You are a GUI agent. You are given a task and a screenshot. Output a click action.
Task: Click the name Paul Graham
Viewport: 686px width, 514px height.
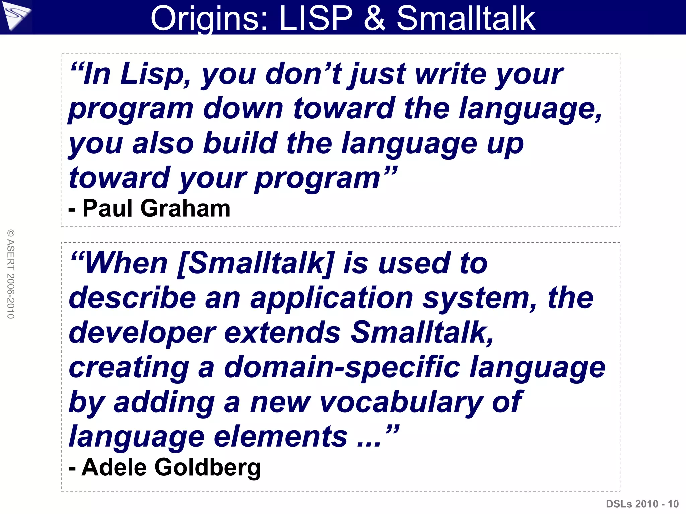pyautogui.click(x=156, y=208)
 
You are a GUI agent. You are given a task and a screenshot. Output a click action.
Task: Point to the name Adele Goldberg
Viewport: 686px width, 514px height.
pyautogui.click(x=171, y=467)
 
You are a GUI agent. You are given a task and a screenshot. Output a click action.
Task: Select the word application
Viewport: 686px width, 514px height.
pyautogui.click(x=332, y=298)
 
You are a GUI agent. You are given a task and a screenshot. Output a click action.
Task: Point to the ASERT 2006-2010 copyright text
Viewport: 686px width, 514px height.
pyautogui.click(x=11, y=274)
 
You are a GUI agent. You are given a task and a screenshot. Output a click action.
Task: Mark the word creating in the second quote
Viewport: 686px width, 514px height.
pyautogui.click(x=129, y=367)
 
